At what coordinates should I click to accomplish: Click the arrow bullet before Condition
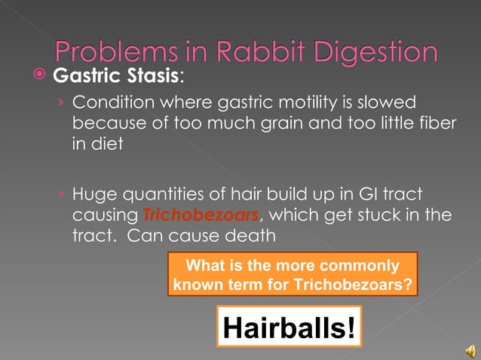63,102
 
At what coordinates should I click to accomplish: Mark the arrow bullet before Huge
63,195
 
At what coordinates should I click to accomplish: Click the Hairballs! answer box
289,327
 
